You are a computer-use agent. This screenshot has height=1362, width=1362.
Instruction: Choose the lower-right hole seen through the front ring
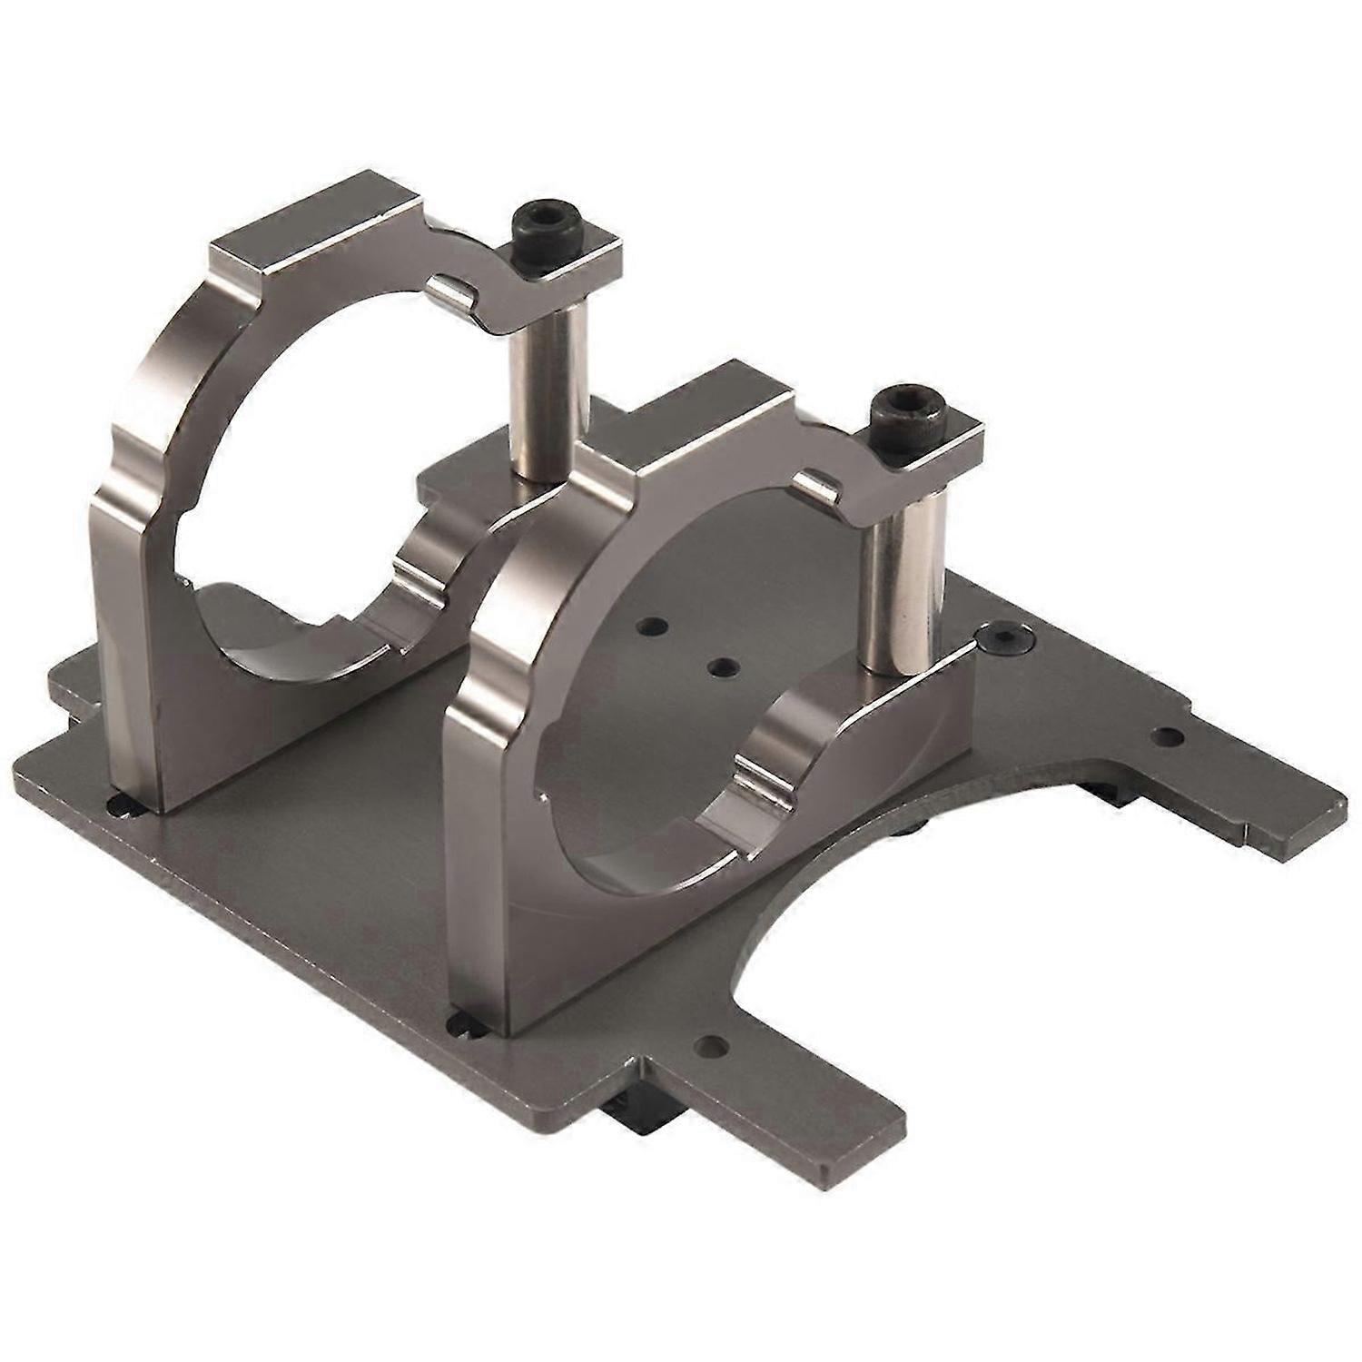(722, 667)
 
